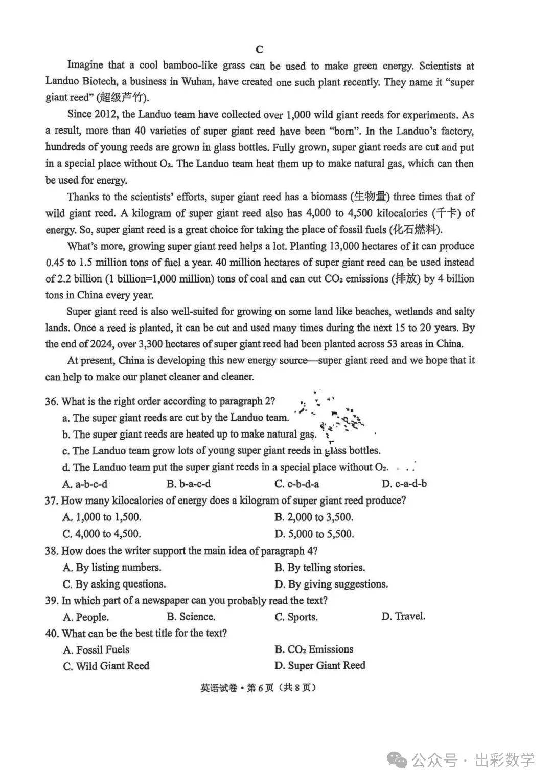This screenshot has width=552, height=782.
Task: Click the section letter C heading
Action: (x=259, y=49)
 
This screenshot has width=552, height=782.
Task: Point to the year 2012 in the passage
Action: (x=106, y=115)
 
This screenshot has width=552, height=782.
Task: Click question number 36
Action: (x=52, y=401)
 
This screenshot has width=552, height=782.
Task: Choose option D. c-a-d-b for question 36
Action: (x=404, y=484)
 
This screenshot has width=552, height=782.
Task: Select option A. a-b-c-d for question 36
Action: (x=85, y=484)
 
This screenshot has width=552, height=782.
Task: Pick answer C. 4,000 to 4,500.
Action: (x=102, y=534)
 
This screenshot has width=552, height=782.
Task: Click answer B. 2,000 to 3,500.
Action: (x=313, y=517)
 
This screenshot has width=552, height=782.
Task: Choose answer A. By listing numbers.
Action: (x=112, y=568)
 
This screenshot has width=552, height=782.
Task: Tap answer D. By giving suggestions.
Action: (x=331, y=584)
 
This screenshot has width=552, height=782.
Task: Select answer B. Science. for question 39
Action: (x=191, y=617)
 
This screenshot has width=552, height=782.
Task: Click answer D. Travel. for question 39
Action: (x=403, y=616)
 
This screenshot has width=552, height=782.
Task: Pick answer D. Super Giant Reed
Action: (x=319, y=665)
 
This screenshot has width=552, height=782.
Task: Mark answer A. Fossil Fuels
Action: (x=96, y=650)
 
